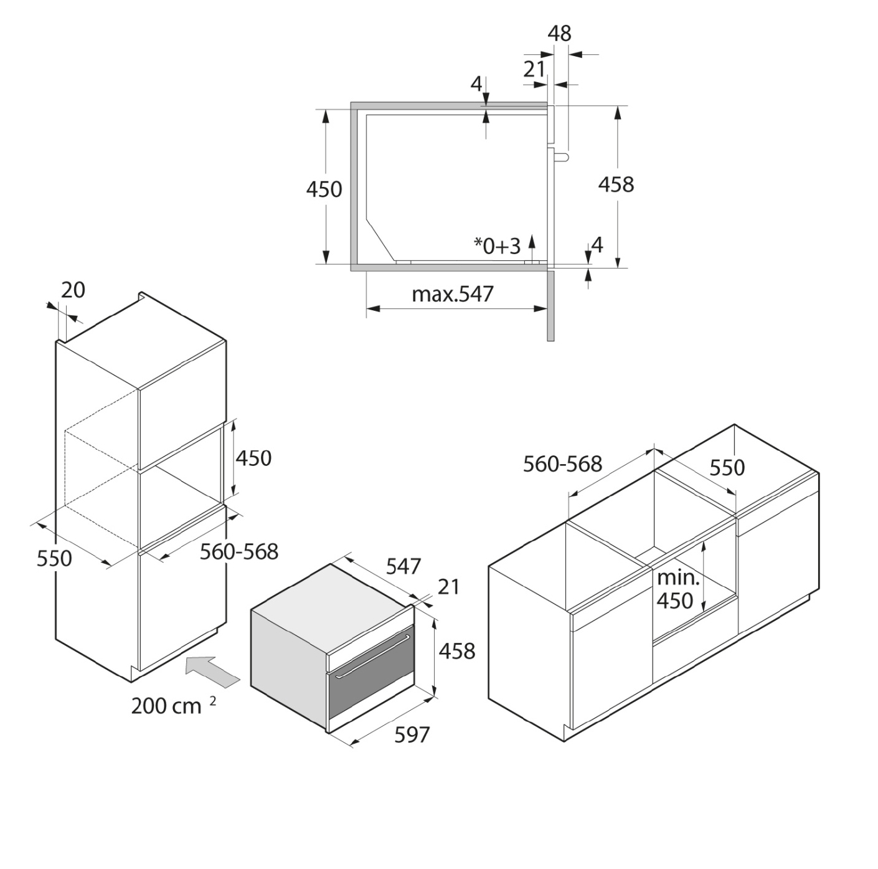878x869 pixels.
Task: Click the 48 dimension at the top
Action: [x=560, y=34]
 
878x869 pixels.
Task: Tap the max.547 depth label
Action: [x=453, y=294]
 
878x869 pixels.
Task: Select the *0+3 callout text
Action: [x=497, y=246]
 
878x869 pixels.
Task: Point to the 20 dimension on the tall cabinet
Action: [x=73, y=290]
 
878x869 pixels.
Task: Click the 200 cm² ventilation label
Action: [x=174, y=706]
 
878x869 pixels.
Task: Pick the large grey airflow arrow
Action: [x=212, y=672]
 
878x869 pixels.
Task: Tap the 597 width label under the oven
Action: [x=412, y=735]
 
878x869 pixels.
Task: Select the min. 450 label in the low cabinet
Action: [x=677, y=589]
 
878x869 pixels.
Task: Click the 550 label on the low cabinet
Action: [x=727, y=468]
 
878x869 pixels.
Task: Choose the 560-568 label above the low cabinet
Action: [x=562, y=464]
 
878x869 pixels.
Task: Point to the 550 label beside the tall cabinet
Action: [x=54, y=559]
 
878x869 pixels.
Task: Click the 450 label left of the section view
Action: [x=324, y=189]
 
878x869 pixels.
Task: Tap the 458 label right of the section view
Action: [x=616, y=184]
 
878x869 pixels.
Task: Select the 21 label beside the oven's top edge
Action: [x=448, y=587]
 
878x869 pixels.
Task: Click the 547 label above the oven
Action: [x=404, y=567]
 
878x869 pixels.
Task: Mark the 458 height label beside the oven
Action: [x=457, y=651]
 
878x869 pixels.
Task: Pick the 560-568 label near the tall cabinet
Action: [x=239, y=552]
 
